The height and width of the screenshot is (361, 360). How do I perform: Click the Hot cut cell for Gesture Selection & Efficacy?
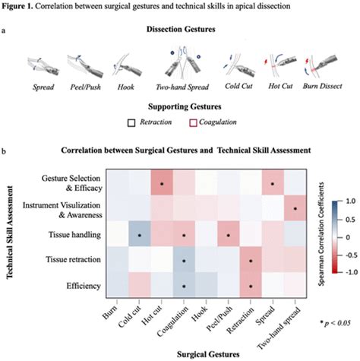pos(161,183)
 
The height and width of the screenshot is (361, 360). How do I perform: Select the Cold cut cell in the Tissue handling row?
pos(139,236)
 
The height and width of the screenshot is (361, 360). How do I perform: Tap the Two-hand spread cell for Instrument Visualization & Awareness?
pos(295,209)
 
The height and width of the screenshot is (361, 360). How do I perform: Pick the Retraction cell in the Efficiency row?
pos(251,287)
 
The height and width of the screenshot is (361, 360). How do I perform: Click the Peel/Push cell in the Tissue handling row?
pos(228,236)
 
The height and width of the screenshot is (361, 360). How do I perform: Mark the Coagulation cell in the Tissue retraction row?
pos(184,261)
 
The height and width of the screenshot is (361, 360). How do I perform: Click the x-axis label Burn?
pos(112,309)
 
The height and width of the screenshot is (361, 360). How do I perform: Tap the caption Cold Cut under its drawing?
pos(239,90)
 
